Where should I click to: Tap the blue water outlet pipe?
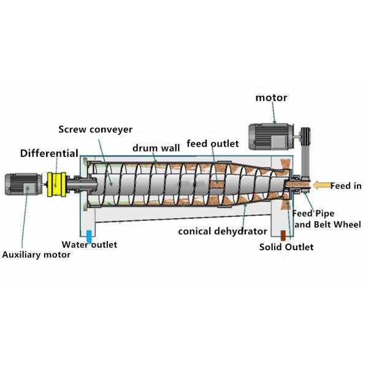click(x=90, y=235)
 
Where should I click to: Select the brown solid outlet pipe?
click(x=283, y=235)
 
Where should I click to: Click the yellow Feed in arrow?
click(x=320, y=185)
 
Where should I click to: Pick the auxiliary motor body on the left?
click(x=24, y=183)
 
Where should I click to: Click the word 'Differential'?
click(x=49, y=153)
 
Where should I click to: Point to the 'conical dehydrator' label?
click(x=222, y=231)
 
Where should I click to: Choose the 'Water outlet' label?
click(x=90, y=245)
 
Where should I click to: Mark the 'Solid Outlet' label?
click(x=286, y=247)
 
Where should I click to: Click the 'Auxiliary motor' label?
click(x=36, y=255)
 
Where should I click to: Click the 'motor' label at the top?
click(x=270, y=98)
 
